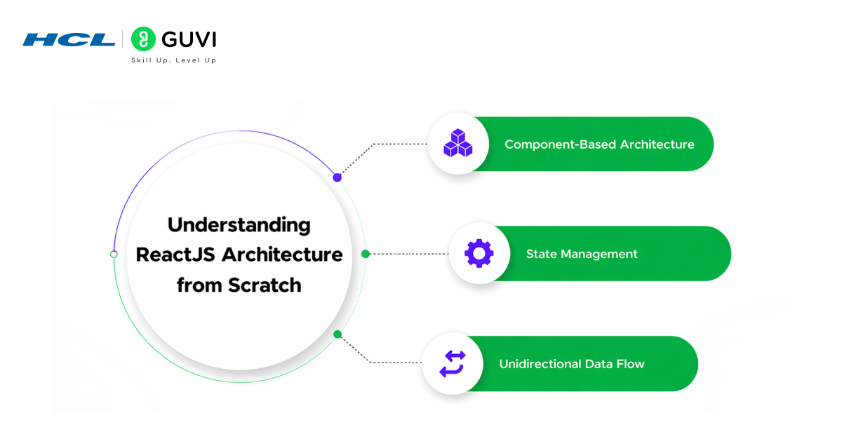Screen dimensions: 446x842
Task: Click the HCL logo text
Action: point(69,39)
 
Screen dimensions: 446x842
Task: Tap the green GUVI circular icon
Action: point(143,39)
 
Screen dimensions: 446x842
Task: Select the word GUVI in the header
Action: point(188,39)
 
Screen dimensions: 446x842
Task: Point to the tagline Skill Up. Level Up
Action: point(173,60)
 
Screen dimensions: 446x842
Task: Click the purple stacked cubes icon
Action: point(457,144)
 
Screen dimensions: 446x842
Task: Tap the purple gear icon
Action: point(479,253)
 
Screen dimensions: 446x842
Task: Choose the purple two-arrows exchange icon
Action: point(452,364)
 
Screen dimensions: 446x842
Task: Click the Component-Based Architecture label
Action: point(599,144)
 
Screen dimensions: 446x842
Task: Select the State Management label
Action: point(582,254)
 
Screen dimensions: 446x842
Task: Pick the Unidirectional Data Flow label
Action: point(571,364)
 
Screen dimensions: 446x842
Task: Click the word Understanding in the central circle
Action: point(239,225)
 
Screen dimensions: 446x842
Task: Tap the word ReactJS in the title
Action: point(175,255)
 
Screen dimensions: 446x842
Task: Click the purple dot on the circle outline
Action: point(338,177)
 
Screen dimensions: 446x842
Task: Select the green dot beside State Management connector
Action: point(365,254)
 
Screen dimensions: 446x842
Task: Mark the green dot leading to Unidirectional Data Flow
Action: point(338,334)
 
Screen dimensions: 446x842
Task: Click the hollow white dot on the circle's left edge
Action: point(114,254)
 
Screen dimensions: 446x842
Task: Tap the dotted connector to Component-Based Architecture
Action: point(393,144)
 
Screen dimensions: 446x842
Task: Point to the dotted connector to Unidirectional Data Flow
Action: point(393,362)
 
